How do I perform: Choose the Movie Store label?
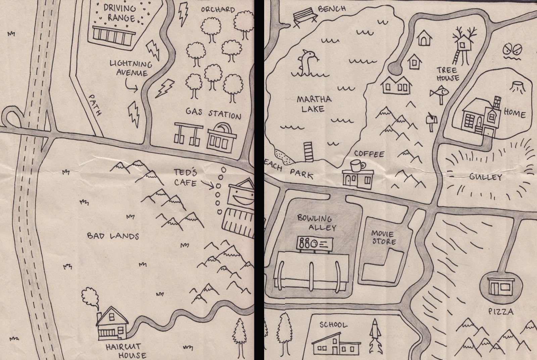click(x=383, y=237)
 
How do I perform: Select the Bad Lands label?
click(x=113, y=236)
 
